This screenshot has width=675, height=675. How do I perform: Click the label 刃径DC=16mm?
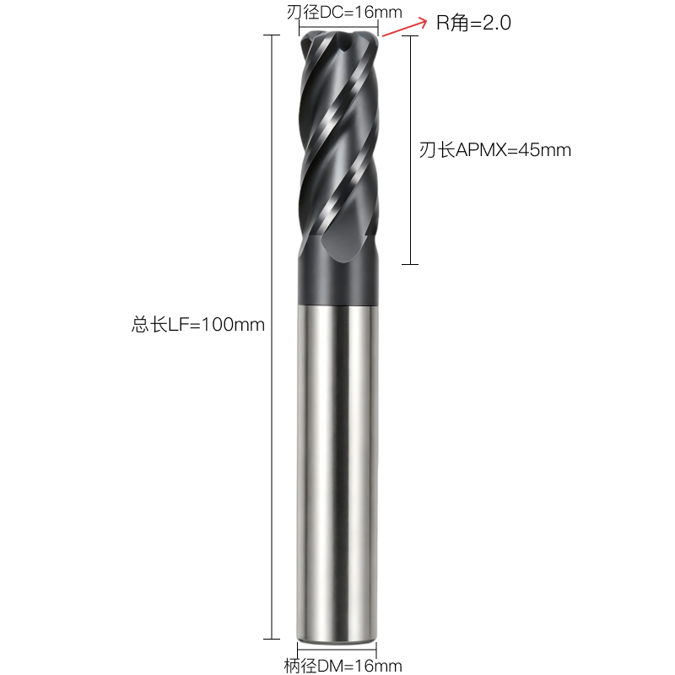pyautogui.click(x=344, y=12)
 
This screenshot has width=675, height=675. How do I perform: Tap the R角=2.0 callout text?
pyautogui.click(x=473, y=23)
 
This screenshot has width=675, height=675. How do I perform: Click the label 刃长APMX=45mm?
pyautogui.click(x=495, y=150)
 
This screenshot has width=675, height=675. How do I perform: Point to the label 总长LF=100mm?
pyautogui.click(x=198, y=325)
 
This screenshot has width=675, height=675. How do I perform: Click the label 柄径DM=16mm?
pyautogui.click(x=343, y=666)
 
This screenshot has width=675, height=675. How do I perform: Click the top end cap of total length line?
pyautogui.click(x=272, y=35)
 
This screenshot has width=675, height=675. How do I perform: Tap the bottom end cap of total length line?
pyautogui.click(x=272, y=639)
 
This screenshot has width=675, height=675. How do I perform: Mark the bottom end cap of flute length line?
pyautogui.click(x=410, y=264)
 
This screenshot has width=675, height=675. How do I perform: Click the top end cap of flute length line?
pyautogui.click(x=410, y=35)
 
